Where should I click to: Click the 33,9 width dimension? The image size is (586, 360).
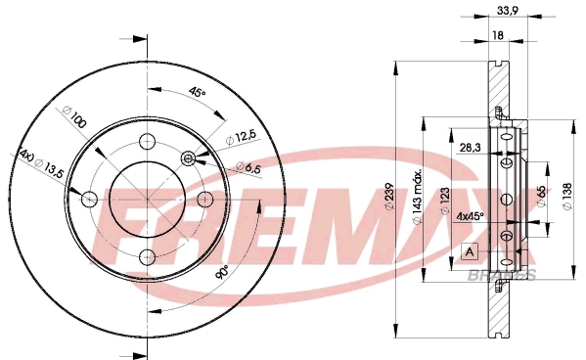[x=507, y=11]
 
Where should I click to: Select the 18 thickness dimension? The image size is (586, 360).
[x=498, y=35]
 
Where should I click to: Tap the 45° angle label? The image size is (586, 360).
[x=198, y=92]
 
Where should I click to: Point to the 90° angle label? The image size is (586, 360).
[x=222, y=273]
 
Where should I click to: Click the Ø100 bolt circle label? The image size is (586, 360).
[x=74, y=117]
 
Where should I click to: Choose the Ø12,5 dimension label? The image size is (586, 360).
[x=243, y=137]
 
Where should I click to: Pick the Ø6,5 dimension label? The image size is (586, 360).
[x=248, y=167]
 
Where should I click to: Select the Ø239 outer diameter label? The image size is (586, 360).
[x=389, y=197]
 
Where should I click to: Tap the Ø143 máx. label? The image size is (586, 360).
[x=418, y=197]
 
